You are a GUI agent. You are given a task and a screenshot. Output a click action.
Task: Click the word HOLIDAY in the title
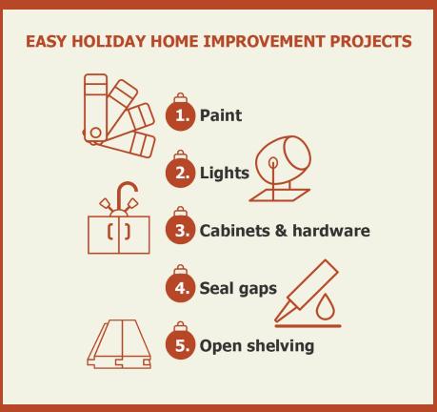[109, 41]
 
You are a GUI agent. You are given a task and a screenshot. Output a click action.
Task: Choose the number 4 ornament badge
[180, 284]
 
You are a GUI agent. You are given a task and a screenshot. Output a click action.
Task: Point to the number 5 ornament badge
[180, 341]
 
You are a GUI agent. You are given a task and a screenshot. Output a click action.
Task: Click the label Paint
[221, 114]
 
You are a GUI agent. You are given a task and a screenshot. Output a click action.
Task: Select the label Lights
[225, 174]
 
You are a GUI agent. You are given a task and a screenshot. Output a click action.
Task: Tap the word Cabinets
[234, 231]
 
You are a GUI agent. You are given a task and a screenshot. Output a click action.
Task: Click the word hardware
[331, 231]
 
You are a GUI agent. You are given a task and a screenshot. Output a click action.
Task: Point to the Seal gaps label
[238, 289]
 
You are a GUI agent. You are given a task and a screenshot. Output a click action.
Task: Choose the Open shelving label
[257, 346]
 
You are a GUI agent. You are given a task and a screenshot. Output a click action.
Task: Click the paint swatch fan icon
[119, 115]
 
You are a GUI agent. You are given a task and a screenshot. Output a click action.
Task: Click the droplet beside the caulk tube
[325, 306]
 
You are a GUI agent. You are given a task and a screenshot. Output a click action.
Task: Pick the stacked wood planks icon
[119, 344]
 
